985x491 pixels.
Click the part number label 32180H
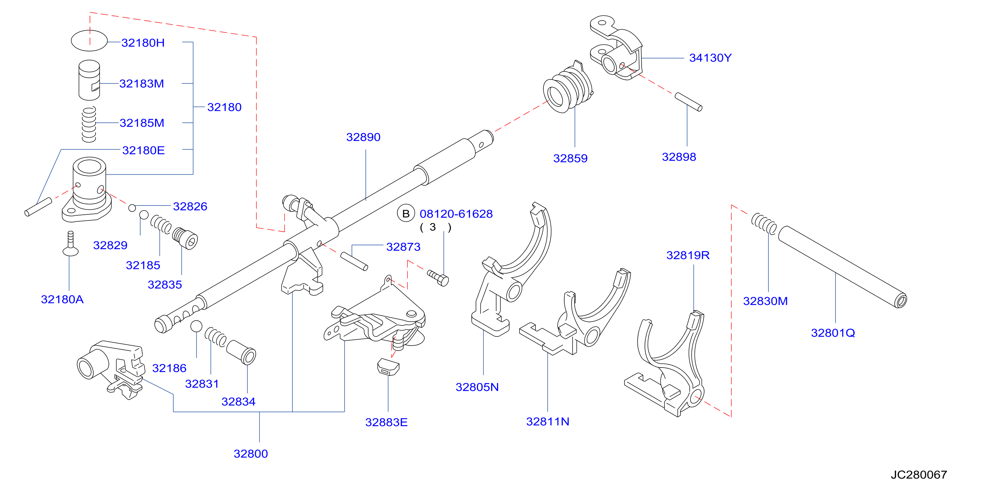point(143,42)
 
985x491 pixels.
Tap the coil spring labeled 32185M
point(89,125)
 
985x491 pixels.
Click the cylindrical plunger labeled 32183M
point(89,80)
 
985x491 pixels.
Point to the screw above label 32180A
point(70,244)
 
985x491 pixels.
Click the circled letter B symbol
point(406,214)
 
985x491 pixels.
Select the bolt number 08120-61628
point(456,214)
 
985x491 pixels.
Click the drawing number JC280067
point(919,474)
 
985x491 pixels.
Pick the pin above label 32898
point(688,102)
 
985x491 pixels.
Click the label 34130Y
point(710,58)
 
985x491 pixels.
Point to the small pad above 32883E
point(388,367)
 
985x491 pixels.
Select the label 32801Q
point(833,333)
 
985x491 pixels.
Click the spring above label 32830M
point(764,224)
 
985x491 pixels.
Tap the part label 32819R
point(688,255)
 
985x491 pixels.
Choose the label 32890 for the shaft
point(363,137)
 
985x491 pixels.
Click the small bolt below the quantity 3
point(438,278)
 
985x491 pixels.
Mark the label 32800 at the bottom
point(251,454)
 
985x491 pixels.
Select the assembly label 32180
point(225,107)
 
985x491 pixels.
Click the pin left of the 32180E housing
point(38,207)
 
